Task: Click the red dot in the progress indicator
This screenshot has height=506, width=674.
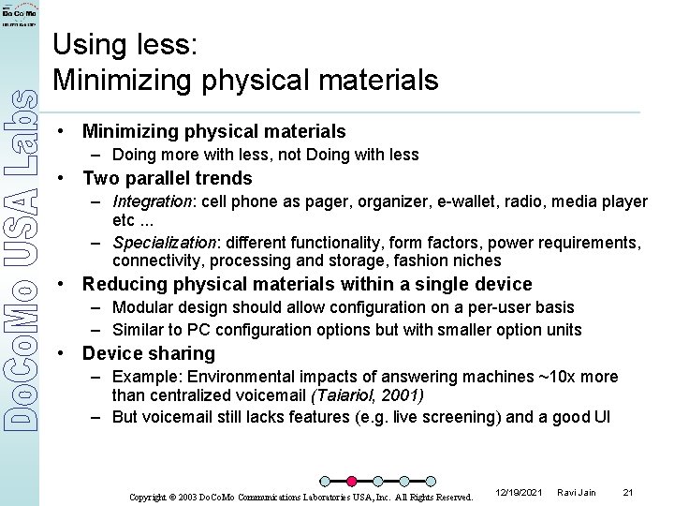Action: pyautogui.click(x=352, y=482)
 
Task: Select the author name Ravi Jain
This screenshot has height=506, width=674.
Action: pyautogui.click(x=577, y=492)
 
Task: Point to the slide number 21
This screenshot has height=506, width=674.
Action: pyautogui.click(x=628, y=492)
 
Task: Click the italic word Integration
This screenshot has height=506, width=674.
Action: pyautogui.click(x=152, y=201)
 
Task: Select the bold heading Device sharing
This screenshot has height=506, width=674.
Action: pyautogui.click(x=149, y=353)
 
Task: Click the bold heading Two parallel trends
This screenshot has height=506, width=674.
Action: pyautogui.click(x=168, y=178)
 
